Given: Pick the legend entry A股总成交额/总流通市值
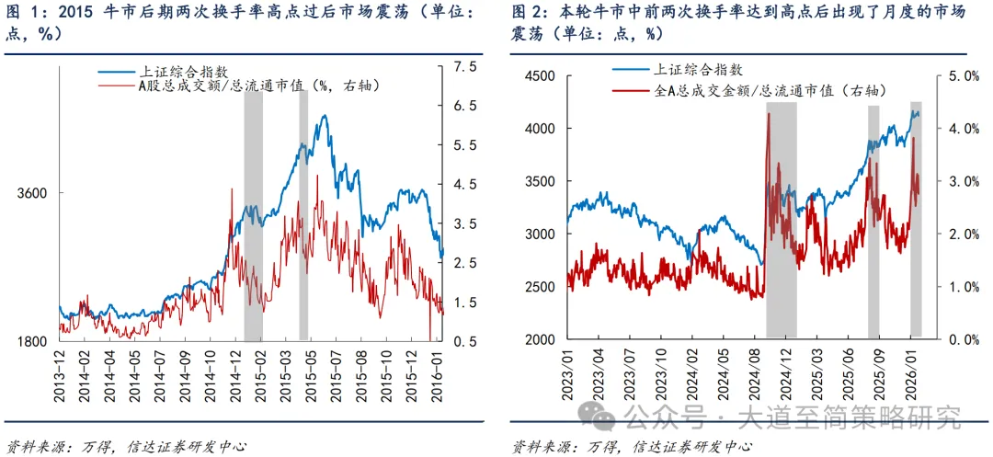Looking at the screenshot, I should [x=257, y=86].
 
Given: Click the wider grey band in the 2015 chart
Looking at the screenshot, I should [x=253, y=216].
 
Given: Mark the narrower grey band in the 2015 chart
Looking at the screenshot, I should [x=303, y=216].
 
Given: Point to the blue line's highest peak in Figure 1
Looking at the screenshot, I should [x=323, y=117].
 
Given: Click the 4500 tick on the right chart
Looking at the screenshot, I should [x=542, y=76].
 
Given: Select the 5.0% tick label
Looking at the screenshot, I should [x=956, y=76].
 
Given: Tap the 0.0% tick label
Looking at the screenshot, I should [x=956, y=339].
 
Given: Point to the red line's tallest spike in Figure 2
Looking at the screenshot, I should [x=768, y=114].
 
